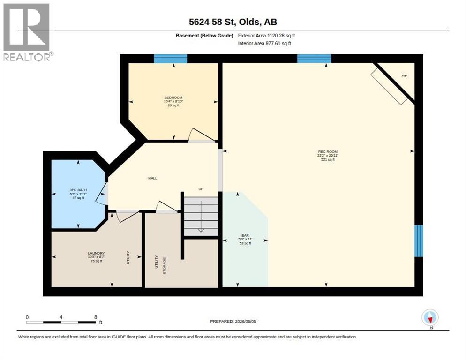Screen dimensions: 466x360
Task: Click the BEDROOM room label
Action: coord(173,97)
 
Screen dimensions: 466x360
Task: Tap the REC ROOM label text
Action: coord(328,151)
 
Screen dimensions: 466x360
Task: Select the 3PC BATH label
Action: coord(78,190)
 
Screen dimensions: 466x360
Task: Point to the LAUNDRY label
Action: coord(96,253)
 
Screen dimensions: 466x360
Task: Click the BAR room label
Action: coord(245,235)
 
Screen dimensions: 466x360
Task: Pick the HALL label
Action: coord(153,178)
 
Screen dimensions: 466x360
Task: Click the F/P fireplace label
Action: coord(404,76)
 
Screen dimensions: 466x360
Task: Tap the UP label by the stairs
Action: coord(201,189)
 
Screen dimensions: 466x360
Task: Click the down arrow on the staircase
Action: coord(201,217)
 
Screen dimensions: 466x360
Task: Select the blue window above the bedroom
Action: coord(171,59)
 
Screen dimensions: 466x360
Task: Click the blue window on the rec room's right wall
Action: coord(419,241)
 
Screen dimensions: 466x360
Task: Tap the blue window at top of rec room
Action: coord(314,59)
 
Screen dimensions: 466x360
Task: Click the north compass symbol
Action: coord(430,317)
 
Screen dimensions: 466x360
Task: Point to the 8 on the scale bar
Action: coord(96,317)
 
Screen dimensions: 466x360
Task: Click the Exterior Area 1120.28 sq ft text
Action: coord(266,36)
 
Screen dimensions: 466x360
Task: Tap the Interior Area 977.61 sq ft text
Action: coord(264,44)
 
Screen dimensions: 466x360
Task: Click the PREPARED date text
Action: coord(233,322)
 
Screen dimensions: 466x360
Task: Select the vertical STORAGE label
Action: coord(165,265)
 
